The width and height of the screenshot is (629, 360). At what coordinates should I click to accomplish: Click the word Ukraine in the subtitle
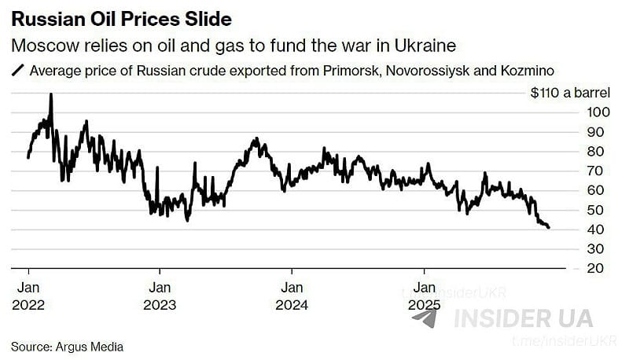click(x=419, y=45)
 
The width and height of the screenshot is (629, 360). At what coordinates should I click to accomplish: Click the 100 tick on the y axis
click(x=596, y=112)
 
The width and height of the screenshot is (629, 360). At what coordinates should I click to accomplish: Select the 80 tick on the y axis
click(x=596, y=152)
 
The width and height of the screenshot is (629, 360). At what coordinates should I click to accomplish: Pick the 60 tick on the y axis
click(x=596, y=190)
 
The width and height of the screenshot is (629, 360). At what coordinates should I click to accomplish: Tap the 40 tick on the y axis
click(x=596, y=230)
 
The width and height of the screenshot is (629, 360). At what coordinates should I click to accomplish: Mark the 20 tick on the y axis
click(x=596, y=268)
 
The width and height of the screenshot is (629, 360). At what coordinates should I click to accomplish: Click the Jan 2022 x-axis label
click(x=29, y=296)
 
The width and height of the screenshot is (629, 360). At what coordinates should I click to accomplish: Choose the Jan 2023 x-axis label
click(x=160, y=296)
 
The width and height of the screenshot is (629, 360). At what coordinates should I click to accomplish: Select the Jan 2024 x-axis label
click(x=292, y=296)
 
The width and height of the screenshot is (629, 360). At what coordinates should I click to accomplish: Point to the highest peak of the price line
click(x=51, y=94)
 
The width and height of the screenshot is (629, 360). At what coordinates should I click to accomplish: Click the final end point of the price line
click(x=549, y=228)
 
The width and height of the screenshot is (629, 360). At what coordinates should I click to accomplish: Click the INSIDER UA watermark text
click(x=523, y=318)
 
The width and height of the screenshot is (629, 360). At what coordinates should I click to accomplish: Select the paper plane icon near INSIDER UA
click(x=425, y=318)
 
